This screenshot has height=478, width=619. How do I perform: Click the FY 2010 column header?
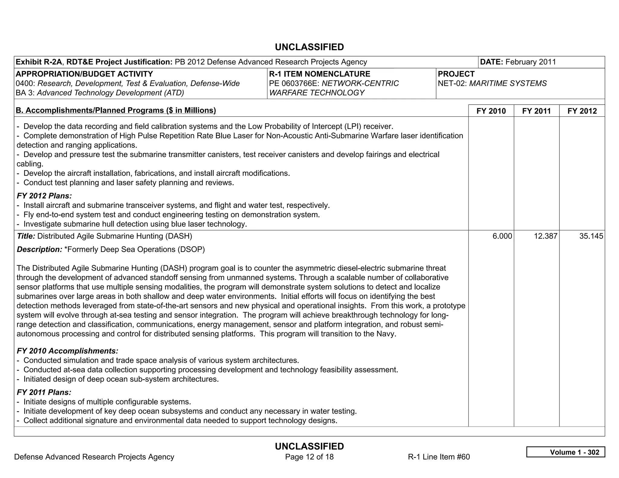pyautogui.click(x=491, y=111)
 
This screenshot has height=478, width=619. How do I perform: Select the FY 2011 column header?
pyautogui.click(x=536, y=111)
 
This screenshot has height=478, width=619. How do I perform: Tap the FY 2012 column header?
pyautogui.click(x=582, y=111)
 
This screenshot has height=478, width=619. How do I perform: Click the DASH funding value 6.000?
pyautogui.click(x=502, y=236)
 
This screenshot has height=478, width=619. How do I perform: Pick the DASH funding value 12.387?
pyautogui.click(x=545, y=236)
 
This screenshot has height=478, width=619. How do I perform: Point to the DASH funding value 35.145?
pyautogui.click(x=591, y=236)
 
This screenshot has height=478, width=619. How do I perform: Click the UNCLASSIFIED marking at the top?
pyautogui.click(x=309, y=47)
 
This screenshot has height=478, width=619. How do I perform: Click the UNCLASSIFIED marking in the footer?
pyautogui.click(x=309, y=446)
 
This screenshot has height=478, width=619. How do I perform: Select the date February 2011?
pyautogui.click(x=530, y=62)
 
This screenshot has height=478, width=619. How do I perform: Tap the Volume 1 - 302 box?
pyautogui.click(x=566, y=452)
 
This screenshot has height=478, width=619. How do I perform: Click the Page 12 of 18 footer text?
pyautogui.click(x=309, y=457)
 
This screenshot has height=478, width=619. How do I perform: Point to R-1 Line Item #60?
pyautogui.click(x=439, y=457)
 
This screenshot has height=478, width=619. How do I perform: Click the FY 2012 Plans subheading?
pyautogui.click(x=44, y=196)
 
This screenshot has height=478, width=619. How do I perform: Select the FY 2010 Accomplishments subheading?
pyautogui.click(x=67, y=351)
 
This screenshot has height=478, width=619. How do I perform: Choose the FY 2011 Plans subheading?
pyautogui.click(x=44, y=392)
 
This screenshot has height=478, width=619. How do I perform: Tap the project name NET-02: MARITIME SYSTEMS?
pyautogui.click(x=492, y=83)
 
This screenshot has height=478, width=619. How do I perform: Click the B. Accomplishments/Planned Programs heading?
pyautogui.click(x=116, y=110)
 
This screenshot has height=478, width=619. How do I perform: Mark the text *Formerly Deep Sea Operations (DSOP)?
pyautogui.click(x=134, y=249)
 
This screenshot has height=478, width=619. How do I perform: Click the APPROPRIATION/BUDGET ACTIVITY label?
pyautogui.click(x=84, y=74)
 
